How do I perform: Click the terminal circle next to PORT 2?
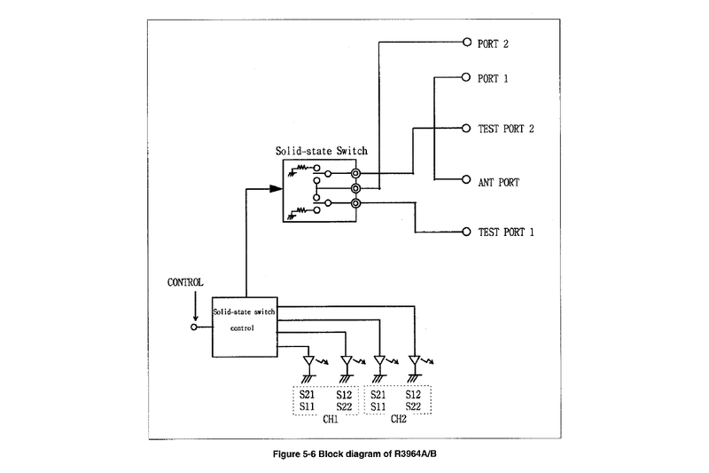(466, 42)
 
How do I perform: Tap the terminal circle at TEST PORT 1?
(466, 232)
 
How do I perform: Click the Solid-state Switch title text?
(321, 152)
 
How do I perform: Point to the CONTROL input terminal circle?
(194, 327)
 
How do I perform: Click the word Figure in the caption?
(296, 454)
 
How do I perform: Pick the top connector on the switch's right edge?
(355, 173)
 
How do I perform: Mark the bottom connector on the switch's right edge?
(355, 204)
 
